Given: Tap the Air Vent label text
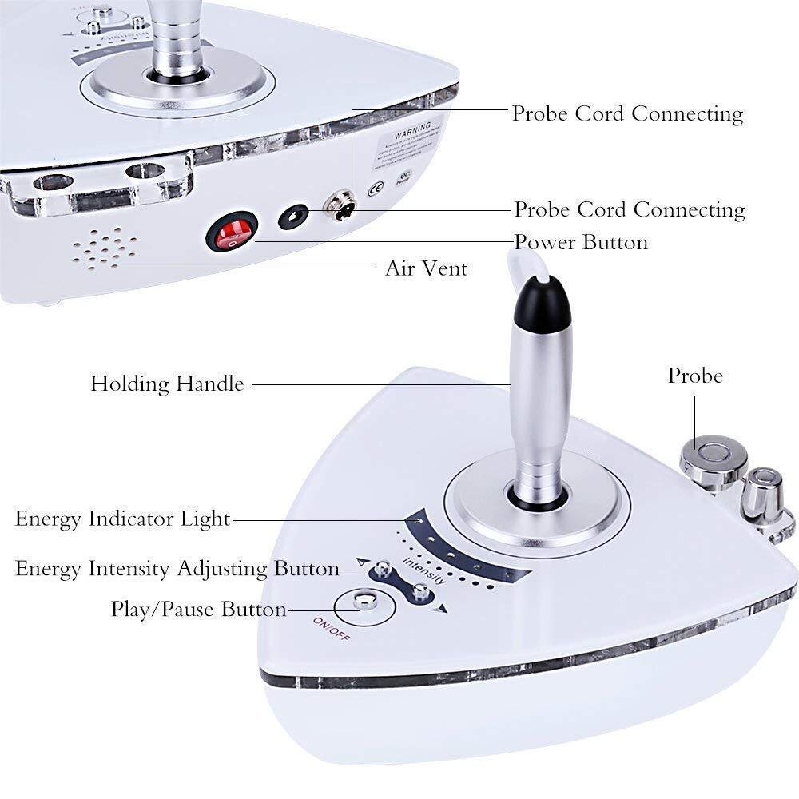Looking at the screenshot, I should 426,268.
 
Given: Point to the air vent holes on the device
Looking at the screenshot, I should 103,249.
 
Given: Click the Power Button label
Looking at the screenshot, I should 580,241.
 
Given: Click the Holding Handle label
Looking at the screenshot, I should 166,384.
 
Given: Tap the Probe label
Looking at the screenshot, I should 695,376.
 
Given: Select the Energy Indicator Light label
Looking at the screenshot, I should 122,519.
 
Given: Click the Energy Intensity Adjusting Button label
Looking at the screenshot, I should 177,569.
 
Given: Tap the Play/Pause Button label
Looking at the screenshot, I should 198,610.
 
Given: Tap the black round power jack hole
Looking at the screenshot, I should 293,217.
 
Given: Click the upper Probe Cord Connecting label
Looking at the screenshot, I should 627,113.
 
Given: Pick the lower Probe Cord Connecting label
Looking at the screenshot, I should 629,209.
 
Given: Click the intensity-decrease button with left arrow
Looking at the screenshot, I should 383,570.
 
